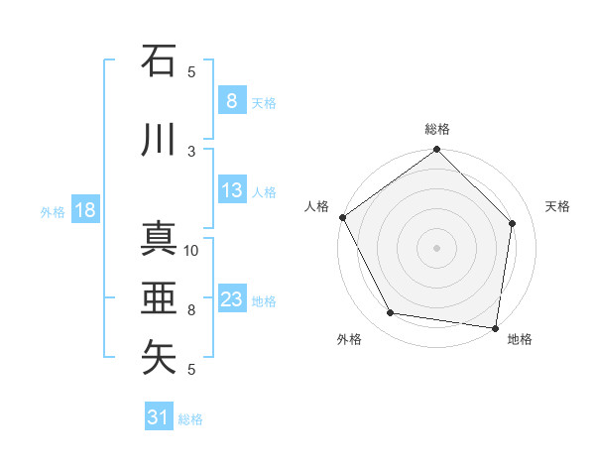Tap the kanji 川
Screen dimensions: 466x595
[160, 140]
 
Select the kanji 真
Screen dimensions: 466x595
[160, 239]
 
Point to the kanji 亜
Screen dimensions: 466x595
[160, 298]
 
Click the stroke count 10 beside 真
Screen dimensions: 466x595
[191, 250]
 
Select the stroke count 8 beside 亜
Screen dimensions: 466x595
[191, 309]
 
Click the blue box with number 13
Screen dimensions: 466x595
[232, 191]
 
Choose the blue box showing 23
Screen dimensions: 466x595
[232, 300]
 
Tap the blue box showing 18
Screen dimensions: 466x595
[83, 211]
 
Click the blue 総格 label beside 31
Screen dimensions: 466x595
[190, 419]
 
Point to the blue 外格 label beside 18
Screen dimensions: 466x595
[52, 212]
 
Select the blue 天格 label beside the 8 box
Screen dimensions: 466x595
[264, 103]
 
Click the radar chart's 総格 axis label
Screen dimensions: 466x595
[437, 129]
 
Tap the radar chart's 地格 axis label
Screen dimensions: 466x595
[520, 340]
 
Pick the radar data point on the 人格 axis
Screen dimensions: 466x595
[342, 217]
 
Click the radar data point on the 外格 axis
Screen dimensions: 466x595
[390, 313]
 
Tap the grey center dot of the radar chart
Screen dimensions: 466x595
[437, 247]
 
